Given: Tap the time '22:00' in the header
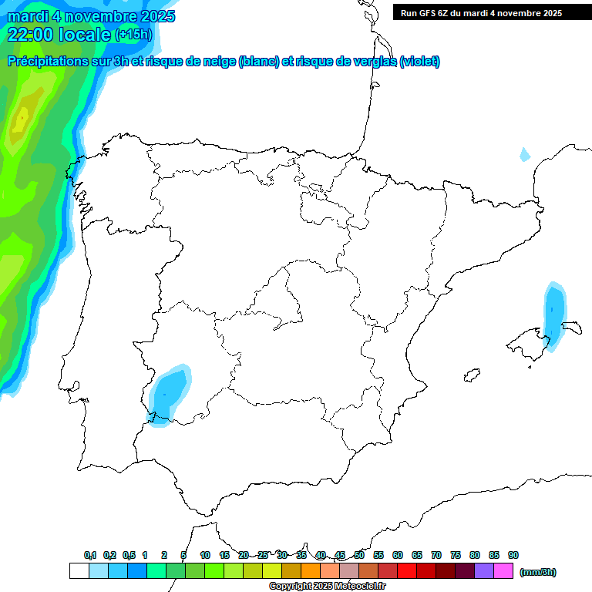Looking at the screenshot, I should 30,35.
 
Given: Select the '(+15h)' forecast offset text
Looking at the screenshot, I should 133,35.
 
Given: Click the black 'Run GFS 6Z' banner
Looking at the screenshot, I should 481,12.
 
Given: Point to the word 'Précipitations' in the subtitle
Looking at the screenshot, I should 54,62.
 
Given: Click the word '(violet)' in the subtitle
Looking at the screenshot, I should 420,62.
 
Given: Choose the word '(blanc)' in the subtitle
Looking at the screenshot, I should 258,62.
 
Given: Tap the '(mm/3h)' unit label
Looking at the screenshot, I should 537,572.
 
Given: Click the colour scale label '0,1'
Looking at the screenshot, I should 89,556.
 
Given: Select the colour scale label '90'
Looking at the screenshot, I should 513,556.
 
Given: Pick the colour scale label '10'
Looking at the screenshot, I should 205,556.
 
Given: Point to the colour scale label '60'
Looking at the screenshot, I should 398,556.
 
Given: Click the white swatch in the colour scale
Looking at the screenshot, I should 79,571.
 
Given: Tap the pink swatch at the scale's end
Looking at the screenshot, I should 503,571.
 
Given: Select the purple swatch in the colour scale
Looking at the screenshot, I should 484,571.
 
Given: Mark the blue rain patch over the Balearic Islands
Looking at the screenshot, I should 554,312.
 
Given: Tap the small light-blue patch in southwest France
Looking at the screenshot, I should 525,154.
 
